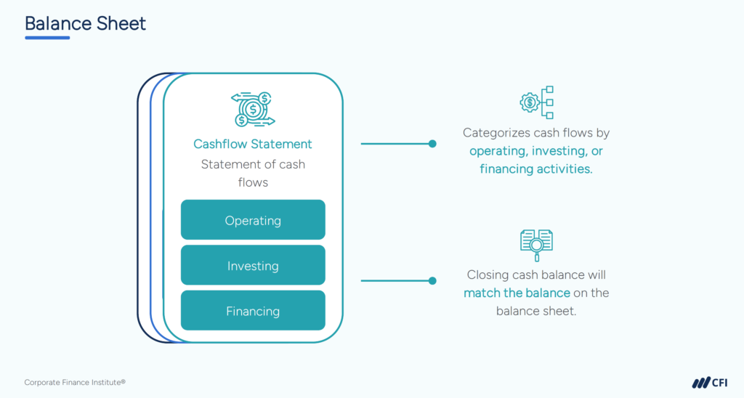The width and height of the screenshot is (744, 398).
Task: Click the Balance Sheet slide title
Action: click(x=85, y=23)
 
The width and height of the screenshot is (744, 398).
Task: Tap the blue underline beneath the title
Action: click(x=47, y=38)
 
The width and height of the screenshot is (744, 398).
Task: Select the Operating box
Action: click(x=253, y=220)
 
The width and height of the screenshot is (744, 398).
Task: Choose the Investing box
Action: click(x=253, y=266)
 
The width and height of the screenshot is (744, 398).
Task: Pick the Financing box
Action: click(x=253, y=311)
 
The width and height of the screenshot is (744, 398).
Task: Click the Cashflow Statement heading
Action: click(x=253, y=144)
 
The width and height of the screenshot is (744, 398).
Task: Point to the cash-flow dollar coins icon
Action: click(x=253, y=109)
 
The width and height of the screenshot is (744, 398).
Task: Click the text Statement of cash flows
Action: click(x=253, y=173)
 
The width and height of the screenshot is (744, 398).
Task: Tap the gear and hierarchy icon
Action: click(x=537, y=102)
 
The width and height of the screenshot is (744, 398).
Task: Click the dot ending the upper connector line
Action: click(x=432, y=144)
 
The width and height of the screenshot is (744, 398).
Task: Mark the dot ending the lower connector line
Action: click(x=432, y=280)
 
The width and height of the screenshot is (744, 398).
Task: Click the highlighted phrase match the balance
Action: click(x=517, y=293)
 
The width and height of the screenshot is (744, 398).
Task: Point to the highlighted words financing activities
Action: click(x=536, y=169)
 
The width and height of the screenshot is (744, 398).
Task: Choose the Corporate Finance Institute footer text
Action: click(x=75, y=382)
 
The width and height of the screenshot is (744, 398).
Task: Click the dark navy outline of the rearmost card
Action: click(x=138, y=218)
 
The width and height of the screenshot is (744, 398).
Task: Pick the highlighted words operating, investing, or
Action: click(x=536, y=151)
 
